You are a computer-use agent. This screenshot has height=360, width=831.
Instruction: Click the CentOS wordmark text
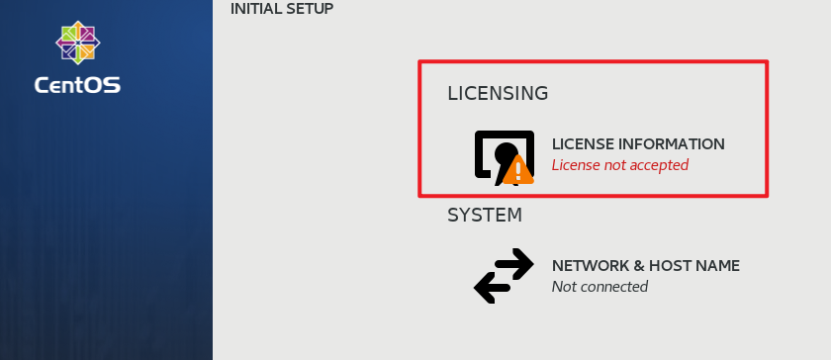coord(77,85)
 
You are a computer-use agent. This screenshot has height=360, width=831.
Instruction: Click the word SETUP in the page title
coord(310,9)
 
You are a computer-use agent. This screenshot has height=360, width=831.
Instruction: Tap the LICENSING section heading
coord(498,94)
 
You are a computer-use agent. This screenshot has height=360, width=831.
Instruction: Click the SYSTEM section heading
coord(485,215)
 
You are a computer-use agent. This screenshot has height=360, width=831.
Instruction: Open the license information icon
coord(503,156)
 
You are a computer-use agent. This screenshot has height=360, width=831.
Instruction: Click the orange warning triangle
coord(518,170)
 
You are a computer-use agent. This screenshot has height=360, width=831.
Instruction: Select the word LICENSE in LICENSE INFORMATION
coord(582,144)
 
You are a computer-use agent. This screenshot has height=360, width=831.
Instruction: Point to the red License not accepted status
coord(619,165)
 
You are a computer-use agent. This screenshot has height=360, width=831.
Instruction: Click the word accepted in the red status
coord(659,165)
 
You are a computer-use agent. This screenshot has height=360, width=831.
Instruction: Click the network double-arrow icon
coord(504,275)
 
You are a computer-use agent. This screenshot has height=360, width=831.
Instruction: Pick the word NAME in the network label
coord(717,266)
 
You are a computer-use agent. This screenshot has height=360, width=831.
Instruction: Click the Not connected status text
coord(600,287)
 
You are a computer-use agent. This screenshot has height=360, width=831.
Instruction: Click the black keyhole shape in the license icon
coord(507,155)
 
